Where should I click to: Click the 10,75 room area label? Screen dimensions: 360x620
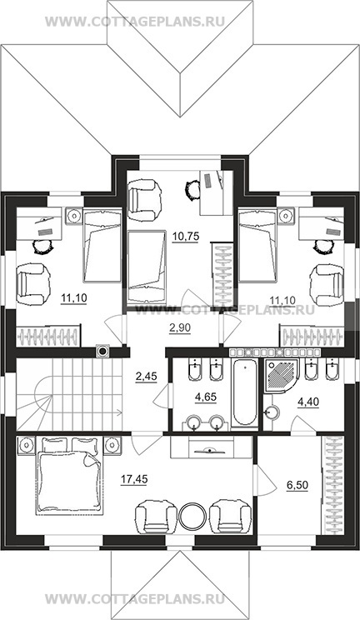[x=185, y=237]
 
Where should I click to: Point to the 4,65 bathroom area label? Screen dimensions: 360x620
[x=206, y=397]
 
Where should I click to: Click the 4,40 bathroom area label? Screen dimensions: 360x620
[x=308, y=402]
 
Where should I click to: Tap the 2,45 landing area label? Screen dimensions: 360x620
[x=146, y=377]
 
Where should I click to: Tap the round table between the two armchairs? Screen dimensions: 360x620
[x=192, y=516]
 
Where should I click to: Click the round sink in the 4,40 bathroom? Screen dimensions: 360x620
[x=272, y=412]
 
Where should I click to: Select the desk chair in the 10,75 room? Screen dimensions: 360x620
[x=192, y=190]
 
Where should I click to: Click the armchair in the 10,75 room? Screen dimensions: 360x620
[x=145, y=200]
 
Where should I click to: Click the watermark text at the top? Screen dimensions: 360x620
[x=135, y=22]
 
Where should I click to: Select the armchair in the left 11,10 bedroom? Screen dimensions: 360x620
[x=33, y=285]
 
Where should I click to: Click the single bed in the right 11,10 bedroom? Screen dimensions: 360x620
[x=257, y=246]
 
